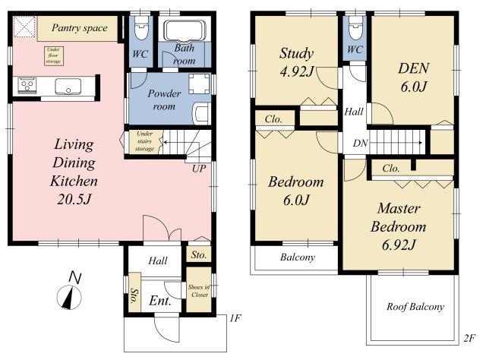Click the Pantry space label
click(79, 28)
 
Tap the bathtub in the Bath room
click(185, 30)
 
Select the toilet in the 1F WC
click(141, 28)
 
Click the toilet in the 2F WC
click(355, 28)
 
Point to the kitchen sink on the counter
click(68, 86)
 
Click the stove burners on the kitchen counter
click(27, 84)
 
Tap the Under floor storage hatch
click(54, 55)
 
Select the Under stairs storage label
click(144, 141)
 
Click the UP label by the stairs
click(199, 169)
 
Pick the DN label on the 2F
click(360, 143)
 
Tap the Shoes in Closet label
click(199, 291)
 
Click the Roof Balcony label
click(415, 307)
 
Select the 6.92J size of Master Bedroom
click(398, 245)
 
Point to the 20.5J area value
click(74, 199)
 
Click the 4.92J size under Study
click(297, 72)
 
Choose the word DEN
click(413, 68)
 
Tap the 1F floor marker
click(235, 318)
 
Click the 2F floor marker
click(469, 338)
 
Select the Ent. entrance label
click(160, 301)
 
